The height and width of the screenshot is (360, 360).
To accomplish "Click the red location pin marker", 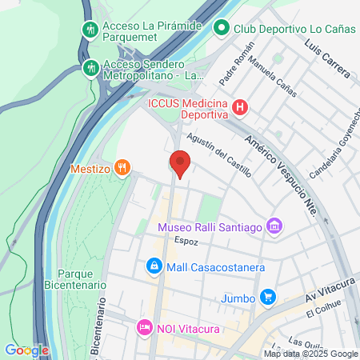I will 180,163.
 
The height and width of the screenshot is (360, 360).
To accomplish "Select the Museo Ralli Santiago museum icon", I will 274,227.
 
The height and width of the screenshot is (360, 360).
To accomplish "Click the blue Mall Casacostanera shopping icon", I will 153,265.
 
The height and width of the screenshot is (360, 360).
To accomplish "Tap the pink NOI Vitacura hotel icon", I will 145,326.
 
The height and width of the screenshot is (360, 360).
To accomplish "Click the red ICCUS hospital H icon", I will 238,107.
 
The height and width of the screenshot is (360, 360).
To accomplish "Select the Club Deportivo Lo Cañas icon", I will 222,30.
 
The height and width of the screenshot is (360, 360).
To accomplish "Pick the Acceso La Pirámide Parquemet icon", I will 90,30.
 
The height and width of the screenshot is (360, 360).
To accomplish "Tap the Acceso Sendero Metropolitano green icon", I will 90,68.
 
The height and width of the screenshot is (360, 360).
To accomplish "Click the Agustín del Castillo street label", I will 218,155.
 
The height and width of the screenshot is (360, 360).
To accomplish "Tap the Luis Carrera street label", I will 328,60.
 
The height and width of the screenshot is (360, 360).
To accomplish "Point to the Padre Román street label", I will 236,66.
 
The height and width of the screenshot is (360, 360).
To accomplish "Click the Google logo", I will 26,350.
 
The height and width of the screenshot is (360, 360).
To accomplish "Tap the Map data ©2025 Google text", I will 311,354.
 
